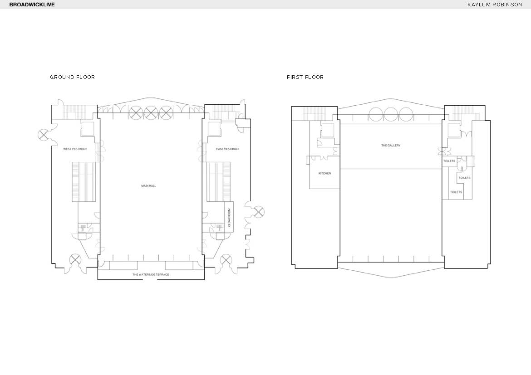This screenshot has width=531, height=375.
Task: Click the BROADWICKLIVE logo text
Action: [x=32, y=5]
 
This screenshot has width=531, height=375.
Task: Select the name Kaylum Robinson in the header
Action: [x=494, y=5]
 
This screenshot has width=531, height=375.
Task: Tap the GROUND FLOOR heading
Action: [x=73, y=77]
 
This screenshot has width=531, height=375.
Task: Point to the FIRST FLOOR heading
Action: [x=305, y=77]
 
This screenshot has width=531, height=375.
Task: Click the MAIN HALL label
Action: [x=149, y=186]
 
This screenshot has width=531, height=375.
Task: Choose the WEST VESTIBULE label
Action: [x=75, y=149]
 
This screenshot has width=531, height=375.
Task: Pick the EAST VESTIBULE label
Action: [x=228, y=149]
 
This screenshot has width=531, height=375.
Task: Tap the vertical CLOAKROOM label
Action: [x=229, y=218]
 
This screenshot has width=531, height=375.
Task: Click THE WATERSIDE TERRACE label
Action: [x=151, y=274]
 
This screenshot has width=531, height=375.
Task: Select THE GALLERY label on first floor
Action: [x=391, y=146]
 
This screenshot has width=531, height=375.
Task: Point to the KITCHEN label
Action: [x=325, y=173]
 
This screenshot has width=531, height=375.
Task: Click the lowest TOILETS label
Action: [x=456, y=192]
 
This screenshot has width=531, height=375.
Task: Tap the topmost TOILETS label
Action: [x=449, y=161]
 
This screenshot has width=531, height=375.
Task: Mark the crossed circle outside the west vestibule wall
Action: [x=44, y=136]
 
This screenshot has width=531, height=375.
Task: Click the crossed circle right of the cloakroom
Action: [x=258, y=212]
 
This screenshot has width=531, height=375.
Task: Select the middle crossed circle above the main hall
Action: [x=151, y=113]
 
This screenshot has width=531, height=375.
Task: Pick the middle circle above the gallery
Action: [x=390, y=114]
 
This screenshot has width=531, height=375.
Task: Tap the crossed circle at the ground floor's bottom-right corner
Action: [x=226, y=260]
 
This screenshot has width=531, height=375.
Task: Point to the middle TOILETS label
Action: [x=465, y=178]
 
